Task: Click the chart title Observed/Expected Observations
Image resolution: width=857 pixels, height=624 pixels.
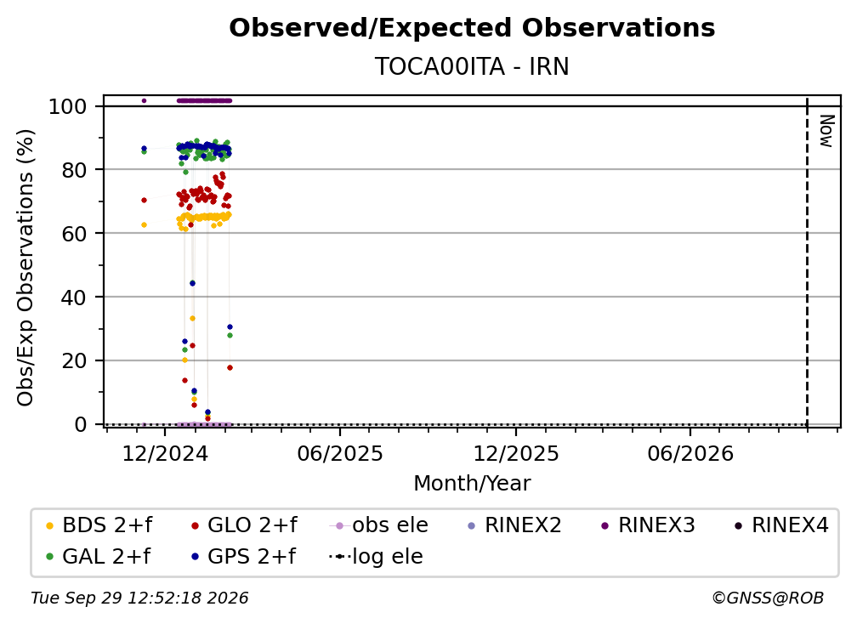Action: tap(472, 28)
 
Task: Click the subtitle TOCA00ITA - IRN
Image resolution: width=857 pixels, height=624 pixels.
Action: tap(472, 66)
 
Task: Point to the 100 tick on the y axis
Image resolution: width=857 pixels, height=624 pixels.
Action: tap(68, 106)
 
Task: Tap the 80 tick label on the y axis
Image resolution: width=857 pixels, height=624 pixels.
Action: tap(74, 170)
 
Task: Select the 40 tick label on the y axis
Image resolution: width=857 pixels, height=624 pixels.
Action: tap(74, 298)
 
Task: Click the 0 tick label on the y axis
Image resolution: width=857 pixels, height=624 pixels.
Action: tap(81, 424)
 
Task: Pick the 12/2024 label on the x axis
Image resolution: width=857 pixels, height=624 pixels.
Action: tap(165, 453)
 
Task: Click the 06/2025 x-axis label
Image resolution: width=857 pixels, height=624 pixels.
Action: tap(340, 453)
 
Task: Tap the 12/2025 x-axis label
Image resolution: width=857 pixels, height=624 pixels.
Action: tap(516, 453)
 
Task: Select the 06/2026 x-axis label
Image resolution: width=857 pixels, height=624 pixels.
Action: tap(690, 453)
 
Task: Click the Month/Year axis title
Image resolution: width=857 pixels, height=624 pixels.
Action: tap(472, 483)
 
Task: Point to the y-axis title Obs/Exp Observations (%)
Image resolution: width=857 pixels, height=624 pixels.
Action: tap(26, 267)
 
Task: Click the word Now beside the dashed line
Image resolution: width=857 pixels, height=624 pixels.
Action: tap(826, 131)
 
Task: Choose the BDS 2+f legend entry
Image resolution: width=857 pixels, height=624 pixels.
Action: tap(99, 525)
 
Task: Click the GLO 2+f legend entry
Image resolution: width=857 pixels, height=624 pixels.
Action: tap(244, 525)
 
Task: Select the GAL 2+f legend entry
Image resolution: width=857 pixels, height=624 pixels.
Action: tap(98, 557)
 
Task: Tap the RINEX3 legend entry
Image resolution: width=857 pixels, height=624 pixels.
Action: tap(648, 525)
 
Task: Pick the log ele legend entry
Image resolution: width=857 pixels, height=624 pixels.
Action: tap(376, 557)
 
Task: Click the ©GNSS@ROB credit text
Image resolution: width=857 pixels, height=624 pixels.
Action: tap(768, 598)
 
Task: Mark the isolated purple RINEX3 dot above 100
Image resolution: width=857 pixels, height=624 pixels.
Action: tap(144, 100)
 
